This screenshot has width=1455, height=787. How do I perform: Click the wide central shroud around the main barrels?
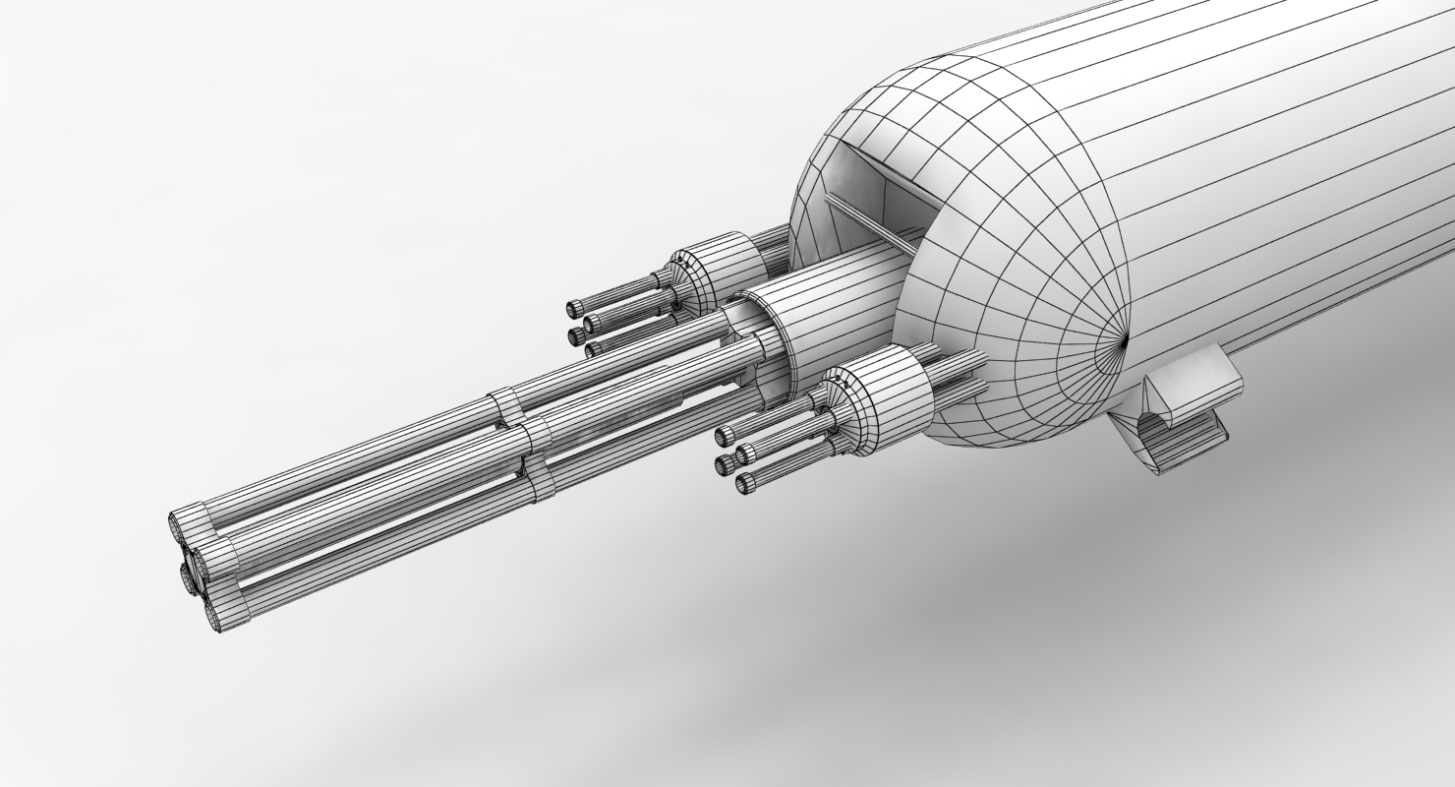click(836, 315)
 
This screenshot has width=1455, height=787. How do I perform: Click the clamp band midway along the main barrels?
click(521, 443)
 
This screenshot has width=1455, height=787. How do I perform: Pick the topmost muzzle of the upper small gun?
click(575, 309)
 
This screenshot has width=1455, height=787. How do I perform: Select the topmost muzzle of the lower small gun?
click(726, 435)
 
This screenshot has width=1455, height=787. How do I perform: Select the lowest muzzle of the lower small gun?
click(746, 482)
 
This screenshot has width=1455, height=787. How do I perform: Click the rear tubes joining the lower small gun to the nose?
click(959, 374)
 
